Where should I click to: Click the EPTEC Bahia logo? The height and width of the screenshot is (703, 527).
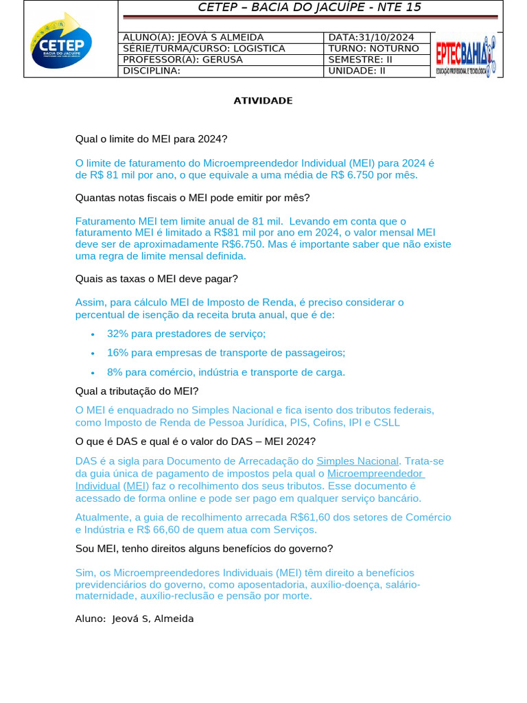pyautogui.click(x=466, y=55)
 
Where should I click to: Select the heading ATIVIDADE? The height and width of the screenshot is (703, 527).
pyautogui.click(x=263, y=101)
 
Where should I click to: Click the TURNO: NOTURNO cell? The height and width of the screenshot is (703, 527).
pyautogui.click(x=373, y=48)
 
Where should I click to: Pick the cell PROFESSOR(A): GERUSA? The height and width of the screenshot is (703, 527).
pyautogui.click(x=183, y=59)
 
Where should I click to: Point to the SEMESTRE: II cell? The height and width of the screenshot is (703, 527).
pyautogui.click(x=360, y=59)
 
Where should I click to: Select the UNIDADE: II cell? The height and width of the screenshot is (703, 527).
pyautogui.click(x=358, y=70)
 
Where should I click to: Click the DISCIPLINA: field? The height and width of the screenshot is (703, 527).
pyautogui.click(x=152, y=70)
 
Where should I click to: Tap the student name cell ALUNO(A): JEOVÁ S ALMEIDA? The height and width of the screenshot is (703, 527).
pyautogui.click(x=193, y=37)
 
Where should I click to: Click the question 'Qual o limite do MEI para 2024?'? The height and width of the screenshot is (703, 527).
pyautogui.click(x=151, y=139)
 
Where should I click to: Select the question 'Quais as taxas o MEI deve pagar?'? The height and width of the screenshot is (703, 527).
pyautogui.click(x=156, y=279)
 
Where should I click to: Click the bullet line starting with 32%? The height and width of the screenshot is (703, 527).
pyautogui.click(x=186, y=334)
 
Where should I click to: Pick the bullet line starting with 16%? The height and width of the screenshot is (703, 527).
pyautogui.click(x=226, y=353)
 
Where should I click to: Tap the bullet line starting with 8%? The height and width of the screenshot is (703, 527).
pyautogui.click(x=226, y=372)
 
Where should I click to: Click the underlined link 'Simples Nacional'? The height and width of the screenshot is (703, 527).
pyautogui.click(x=357, y=461)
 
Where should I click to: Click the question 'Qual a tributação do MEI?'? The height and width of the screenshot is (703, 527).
pyautogui.click(x=137, y=391)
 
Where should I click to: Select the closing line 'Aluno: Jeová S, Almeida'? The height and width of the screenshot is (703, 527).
pyautogui.click(x=134, y=619)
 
